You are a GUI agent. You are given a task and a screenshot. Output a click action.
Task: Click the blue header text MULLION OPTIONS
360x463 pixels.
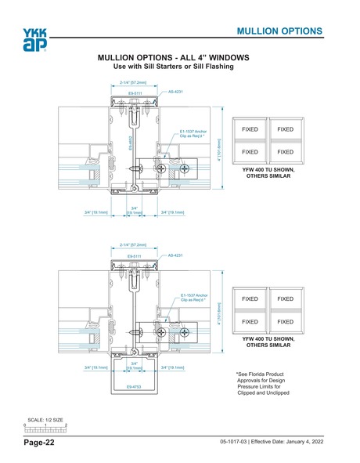pos(279,31)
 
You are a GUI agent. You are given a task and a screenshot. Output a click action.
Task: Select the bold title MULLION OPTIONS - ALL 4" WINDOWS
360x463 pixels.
pos(172,59)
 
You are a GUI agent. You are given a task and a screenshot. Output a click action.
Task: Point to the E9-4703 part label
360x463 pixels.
pos(135,386)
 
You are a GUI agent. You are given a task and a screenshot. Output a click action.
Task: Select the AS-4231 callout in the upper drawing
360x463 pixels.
pos(175,92)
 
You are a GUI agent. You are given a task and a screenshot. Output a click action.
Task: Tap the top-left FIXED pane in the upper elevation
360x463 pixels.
pos(250,128)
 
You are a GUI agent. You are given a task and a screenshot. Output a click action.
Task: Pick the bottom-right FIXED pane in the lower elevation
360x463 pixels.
pos(285,322)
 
